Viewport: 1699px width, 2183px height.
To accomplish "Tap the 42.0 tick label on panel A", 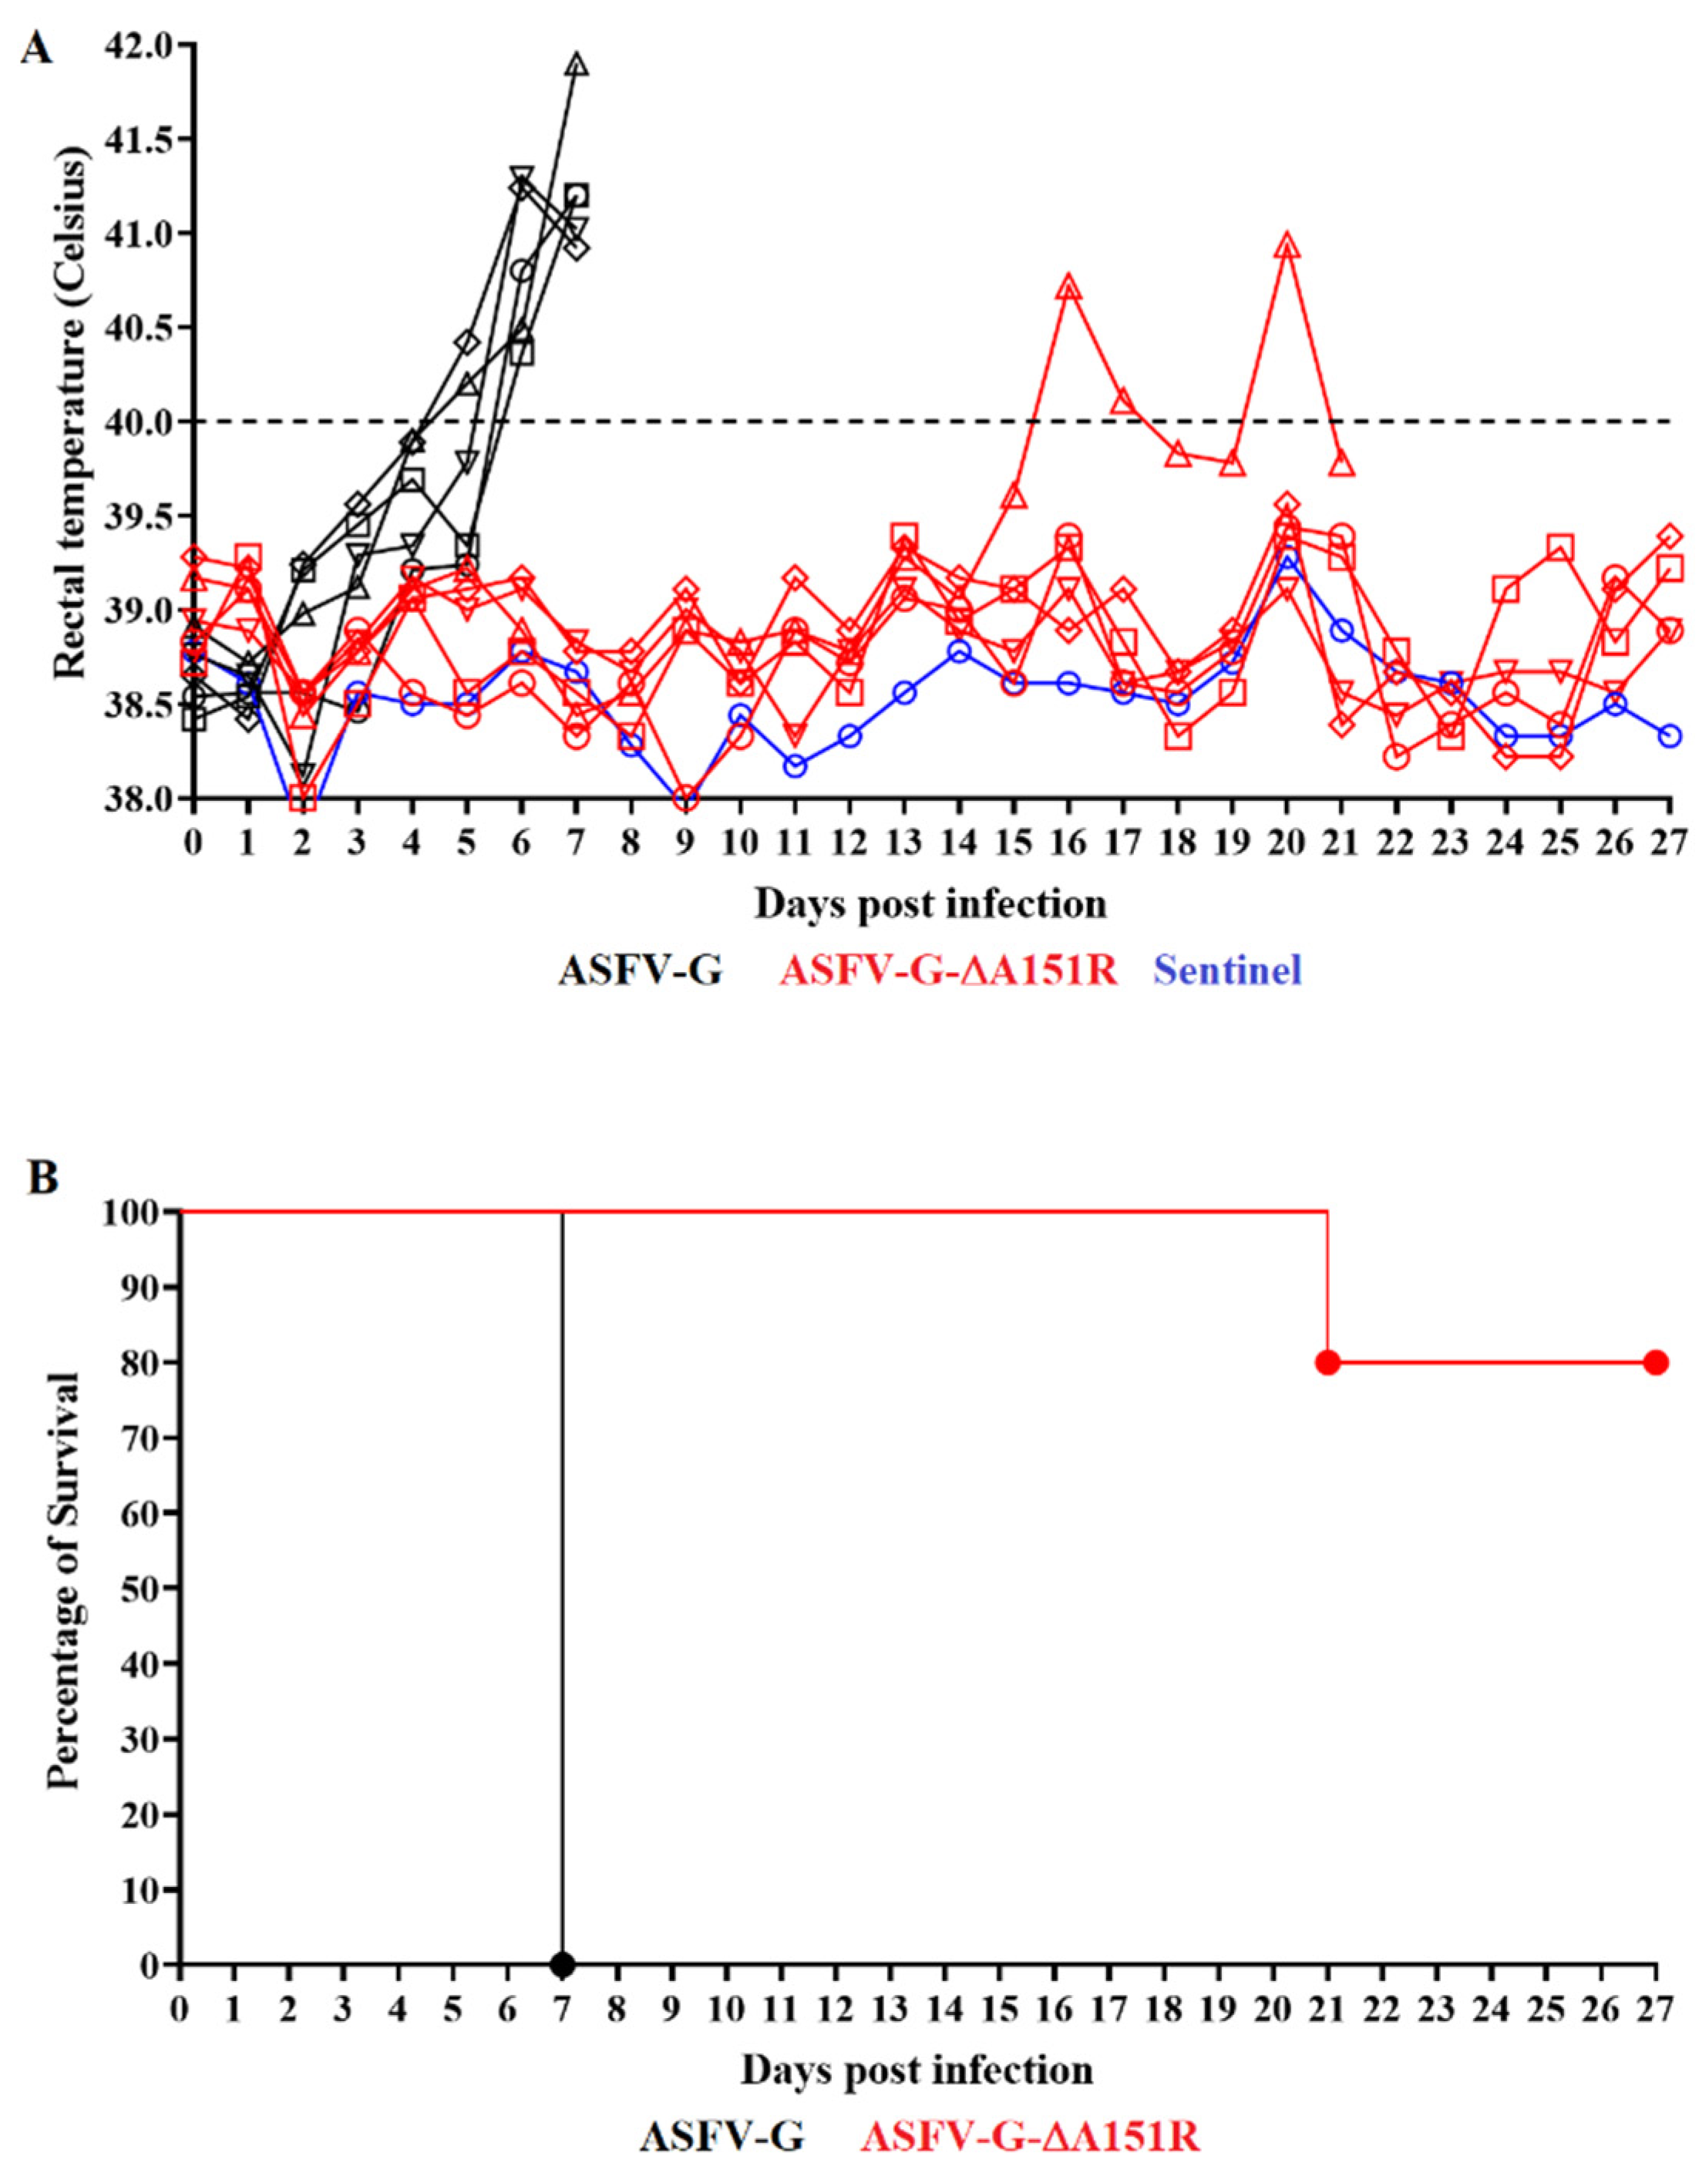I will pyautogui.click(x=146, y=46).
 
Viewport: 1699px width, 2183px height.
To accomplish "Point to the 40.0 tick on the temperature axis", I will pyautogui.click(x=146, y=422).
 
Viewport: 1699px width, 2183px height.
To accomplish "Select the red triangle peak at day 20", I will pyautogui.click(x=1288, y=246).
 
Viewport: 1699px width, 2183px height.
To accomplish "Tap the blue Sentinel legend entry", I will pyautogui.click(x=1227, y=970).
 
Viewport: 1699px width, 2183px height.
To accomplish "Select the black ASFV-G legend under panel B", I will pyautogui.click(x=722, y=2137).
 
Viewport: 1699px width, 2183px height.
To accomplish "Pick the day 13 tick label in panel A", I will pyautogui.click(x=904, y=842).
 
